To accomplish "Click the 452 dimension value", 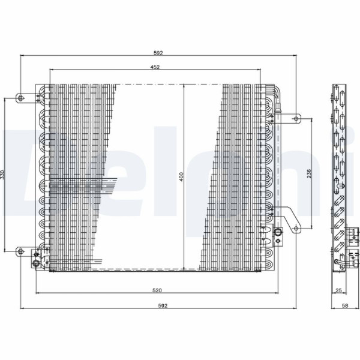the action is pos(155,67).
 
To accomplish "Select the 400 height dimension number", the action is pos(181,176).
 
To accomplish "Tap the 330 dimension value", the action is pos(2,175).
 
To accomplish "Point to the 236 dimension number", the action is pos(309,173).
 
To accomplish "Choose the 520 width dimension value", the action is pos(157,290).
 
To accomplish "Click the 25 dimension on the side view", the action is pos(338,290).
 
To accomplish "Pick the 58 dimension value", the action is pos(345,305).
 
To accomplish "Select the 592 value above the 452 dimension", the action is pos(158,53).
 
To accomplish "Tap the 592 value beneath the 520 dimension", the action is pos(163,305).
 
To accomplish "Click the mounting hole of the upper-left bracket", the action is pos(20,98).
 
